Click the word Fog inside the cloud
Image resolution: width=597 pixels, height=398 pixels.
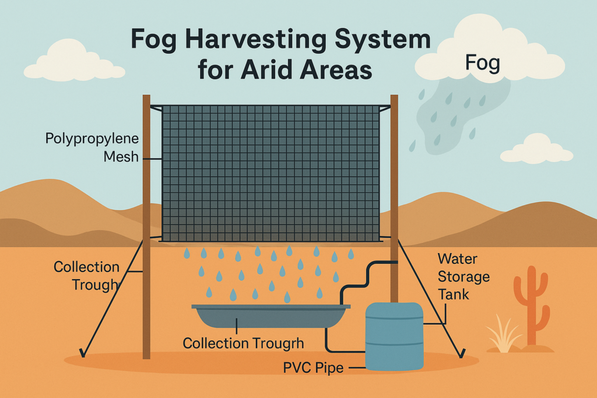[x=482, y=64]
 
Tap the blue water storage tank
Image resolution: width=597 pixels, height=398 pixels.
[x=394, y=336]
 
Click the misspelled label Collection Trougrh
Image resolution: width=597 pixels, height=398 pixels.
[x=243, y=343]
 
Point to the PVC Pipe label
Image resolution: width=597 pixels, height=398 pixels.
[x=313, y=368]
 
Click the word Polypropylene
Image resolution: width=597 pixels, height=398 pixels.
[x=92, y=139]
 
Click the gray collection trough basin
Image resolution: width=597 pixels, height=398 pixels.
[x=271, y=316]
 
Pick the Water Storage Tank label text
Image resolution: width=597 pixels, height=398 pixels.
[x=463, y=277]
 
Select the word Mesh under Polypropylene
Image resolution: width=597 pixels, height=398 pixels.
[x=121, y=157]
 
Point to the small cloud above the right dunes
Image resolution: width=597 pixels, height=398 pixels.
[x=537, y=149]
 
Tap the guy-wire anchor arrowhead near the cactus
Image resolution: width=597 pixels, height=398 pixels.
[x=462, y=354]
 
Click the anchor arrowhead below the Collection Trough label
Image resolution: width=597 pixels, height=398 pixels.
[x=82, y=353]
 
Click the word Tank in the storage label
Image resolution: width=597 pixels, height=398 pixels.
[x=453, y=294]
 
